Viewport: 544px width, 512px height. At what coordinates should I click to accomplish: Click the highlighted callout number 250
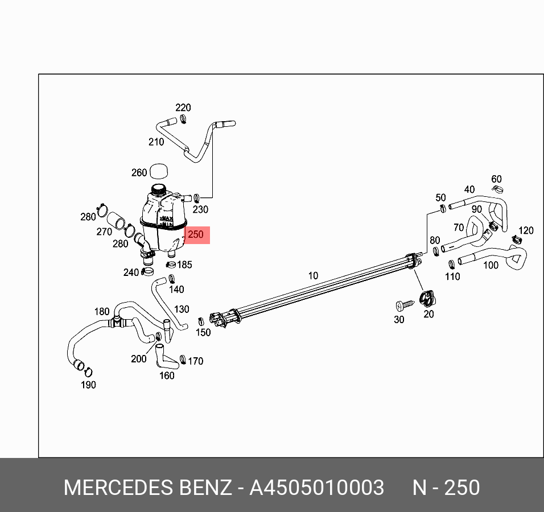(195, 234)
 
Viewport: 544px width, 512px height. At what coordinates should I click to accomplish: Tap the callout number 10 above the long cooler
(313, 276)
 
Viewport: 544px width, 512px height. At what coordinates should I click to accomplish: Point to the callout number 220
(183, 108)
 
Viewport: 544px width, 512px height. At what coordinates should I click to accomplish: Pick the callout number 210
(156, 142)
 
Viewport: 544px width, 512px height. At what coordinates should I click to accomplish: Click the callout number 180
(102, 311)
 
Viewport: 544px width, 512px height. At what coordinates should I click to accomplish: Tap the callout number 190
(88, 385)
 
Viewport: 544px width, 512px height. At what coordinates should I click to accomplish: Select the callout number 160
(167, 375)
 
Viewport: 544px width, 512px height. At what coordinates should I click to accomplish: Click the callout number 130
(182, 309)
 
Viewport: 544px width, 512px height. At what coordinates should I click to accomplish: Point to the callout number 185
(184, 265)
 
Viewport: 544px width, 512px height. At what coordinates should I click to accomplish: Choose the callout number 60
(496, 180)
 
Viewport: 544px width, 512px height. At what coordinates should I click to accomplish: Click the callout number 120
(526, 230)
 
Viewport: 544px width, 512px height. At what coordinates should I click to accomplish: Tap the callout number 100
(491, 265)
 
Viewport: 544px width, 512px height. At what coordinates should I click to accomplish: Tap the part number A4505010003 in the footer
(317, 488)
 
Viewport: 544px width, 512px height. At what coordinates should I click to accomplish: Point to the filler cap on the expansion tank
(158, 188)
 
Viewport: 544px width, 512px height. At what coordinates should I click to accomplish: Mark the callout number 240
(131, 272)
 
